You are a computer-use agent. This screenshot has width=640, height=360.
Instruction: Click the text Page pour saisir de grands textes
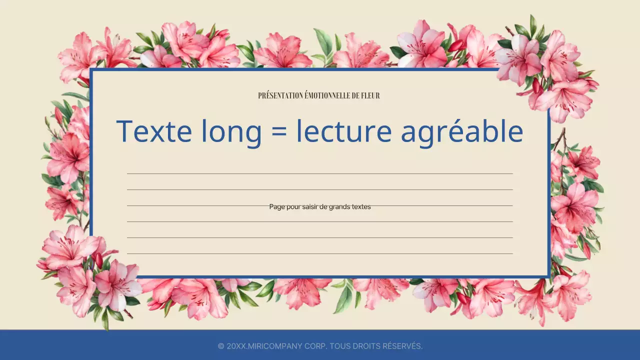click(x=320, y=206)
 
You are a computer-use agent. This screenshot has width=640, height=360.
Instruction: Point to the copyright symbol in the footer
click(x=221, y=346)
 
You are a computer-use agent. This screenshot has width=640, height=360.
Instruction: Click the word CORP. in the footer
click(x=314, y=346)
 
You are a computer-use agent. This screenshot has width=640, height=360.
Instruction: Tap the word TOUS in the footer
click(x=339, y=346)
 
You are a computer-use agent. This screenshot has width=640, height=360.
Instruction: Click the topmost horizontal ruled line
click(x=320, y=173)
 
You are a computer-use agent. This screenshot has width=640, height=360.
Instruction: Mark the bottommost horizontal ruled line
click(x=320, y=253)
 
